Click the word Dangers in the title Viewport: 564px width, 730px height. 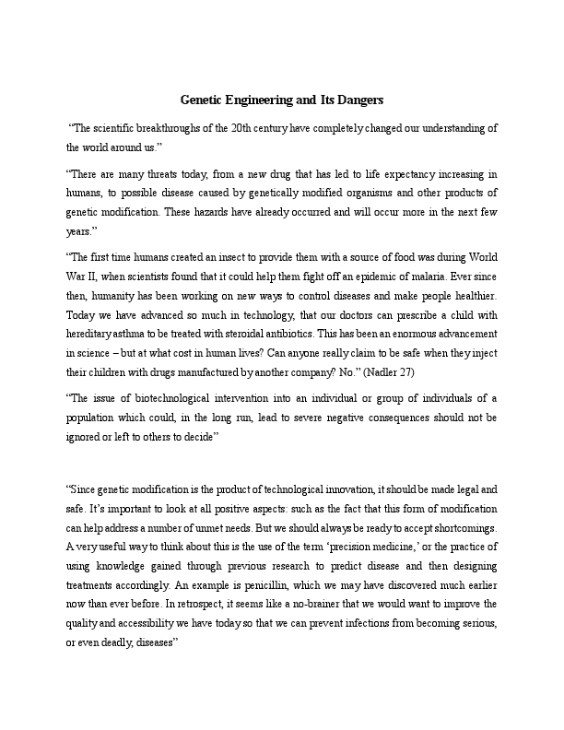[x=354, y=99]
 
